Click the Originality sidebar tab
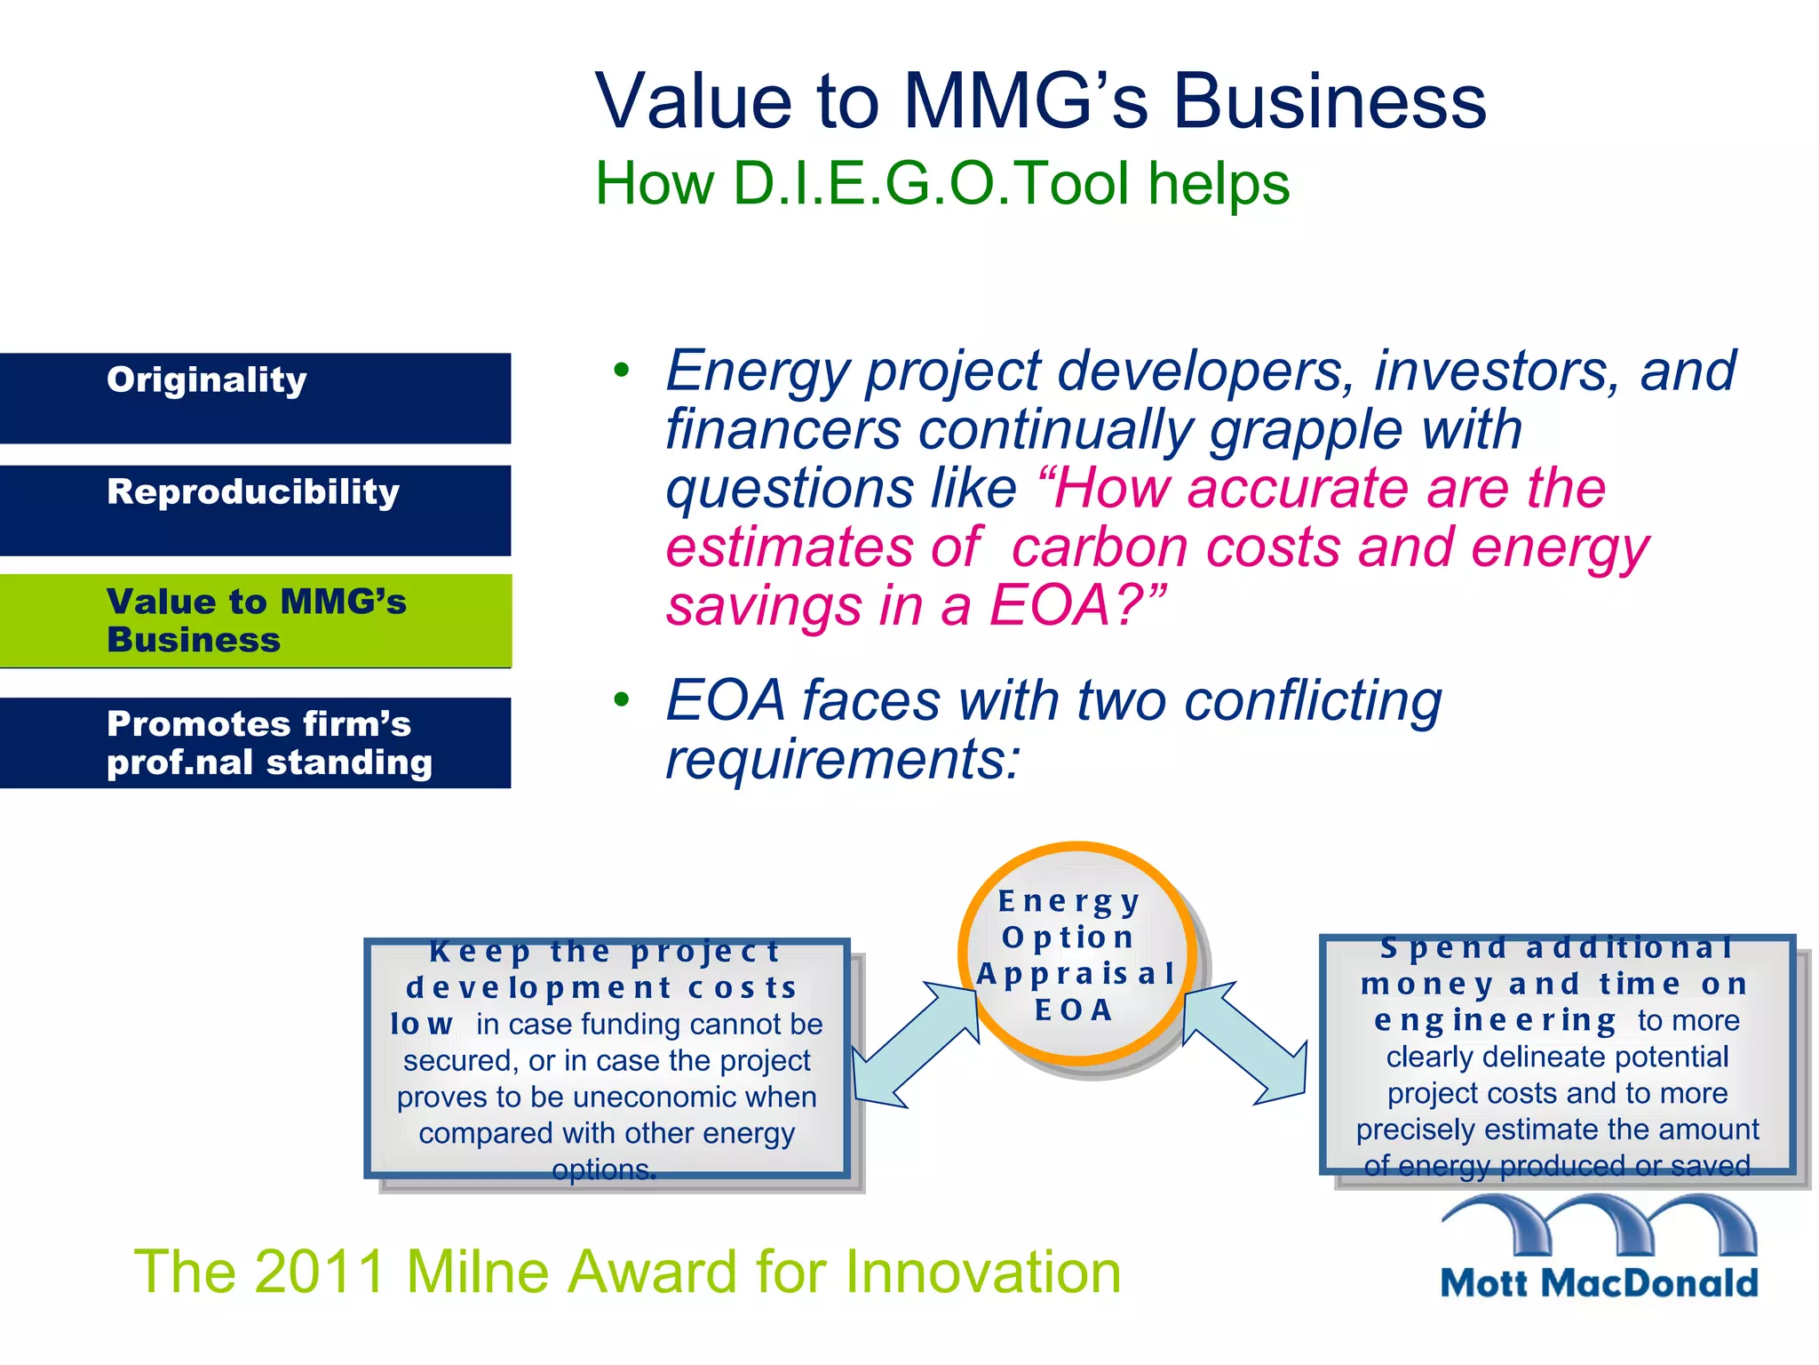tap(255, 398)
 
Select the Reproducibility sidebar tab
tap(255, 510)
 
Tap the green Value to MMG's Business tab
tap(255, 620)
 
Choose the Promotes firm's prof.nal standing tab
tap(255, 743)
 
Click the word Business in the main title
tap(1330, 101)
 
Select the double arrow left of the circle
tap(915, 1045)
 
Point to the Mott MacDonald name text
tap(1599, 1283)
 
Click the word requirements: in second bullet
tap(843, 760)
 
